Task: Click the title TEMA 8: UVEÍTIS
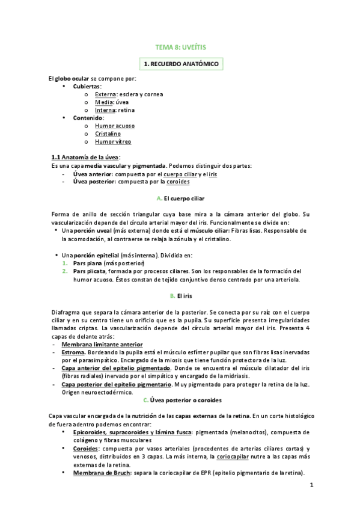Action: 180,46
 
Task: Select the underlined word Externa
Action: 106,94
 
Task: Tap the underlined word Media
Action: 104,102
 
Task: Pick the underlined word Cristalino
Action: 108,134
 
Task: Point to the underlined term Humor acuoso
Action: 115,126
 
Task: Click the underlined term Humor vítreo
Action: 113,142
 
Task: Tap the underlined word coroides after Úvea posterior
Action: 178,182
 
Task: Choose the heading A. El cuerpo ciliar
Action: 180,198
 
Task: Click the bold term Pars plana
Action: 87,263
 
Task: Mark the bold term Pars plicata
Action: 89,271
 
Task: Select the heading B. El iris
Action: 180,296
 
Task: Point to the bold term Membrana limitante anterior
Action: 102,344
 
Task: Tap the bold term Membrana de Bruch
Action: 97,472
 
